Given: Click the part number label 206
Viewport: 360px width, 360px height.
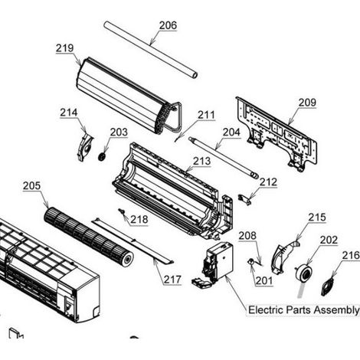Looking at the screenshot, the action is [168, 25].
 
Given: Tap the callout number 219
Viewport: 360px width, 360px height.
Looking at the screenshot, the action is [64, 48].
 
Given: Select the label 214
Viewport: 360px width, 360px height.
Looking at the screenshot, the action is [69, 113].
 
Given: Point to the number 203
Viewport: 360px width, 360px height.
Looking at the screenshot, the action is [119, 133].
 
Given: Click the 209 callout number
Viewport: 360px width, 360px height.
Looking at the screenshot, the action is [307, 103].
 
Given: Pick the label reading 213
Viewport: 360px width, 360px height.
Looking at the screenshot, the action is [201, 161].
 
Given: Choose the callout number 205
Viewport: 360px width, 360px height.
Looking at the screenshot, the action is [31, 185].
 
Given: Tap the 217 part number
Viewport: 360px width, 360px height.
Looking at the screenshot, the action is [172, 280].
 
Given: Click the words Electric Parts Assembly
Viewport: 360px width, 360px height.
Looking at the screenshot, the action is [304, 310].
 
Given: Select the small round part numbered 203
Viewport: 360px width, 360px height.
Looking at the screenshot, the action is [103, 156].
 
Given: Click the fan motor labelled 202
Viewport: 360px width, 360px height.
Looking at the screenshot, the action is [303, 273].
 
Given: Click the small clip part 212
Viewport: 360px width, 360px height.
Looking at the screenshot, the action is [245, 200].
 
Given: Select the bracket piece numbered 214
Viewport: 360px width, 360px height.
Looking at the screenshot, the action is [85, 147].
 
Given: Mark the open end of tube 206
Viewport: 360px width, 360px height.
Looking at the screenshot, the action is [194, 74].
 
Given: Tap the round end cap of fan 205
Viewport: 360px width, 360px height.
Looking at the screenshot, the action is [127, 259].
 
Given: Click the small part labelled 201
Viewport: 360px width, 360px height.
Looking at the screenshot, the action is [251, 261].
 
